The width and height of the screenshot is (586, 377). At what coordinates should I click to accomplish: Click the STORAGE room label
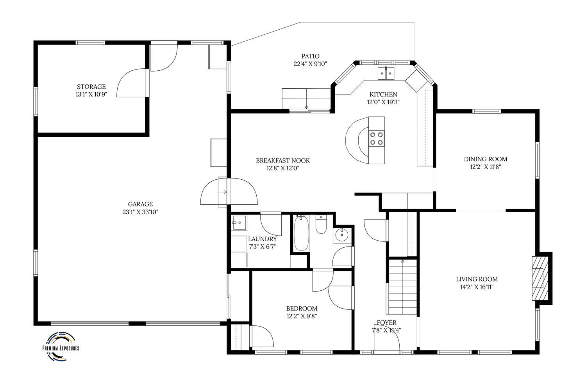tap(91, 87)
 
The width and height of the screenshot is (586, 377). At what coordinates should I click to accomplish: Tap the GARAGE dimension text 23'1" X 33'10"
tap(141, 212)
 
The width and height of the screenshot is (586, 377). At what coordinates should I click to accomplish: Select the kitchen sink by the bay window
tap(386, 73)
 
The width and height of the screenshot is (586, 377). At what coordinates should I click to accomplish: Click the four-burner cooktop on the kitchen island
tap(377, 138)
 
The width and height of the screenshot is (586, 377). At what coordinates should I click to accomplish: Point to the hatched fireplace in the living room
tap(540, 278)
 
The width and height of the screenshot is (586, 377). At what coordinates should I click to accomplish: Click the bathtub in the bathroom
tap(301, 233)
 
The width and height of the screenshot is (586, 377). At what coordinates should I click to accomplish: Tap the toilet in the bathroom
tap(321, 224)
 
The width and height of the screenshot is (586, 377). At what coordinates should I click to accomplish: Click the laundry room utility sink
tap(239, 223)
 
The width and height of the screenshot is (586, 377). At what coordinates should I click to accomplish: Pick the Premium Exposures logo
tap(61, 347)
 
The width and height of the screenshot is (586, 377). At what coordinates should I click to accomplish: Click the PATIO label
tap(310, 56)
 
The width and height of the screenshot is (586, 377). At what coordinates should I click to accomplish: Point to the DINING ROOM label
tap(486, 159)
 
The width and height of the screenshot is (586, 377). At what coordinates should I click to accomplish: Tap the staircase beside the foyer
tap(402, 287)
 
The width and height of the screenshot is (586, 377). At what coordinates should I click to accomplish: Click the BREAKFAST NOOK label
tap(283, 161)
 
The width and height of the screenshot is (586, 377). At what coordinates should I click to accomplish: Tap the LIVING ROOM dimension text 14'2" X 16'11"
tap(477, 287)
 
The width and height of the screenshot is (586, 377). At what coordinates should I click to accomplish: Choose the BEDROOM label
tap(302, 309)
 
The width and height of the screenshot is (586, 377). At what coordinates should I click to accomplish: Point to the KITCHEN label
tap(384, 95)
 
